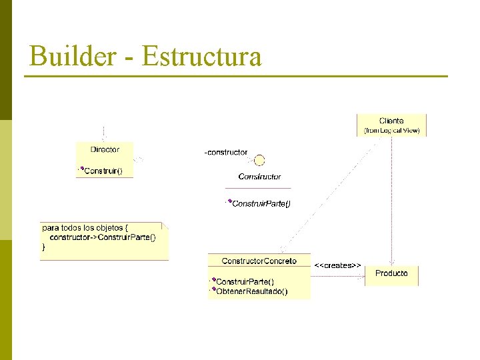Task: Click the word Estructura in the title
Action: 201,56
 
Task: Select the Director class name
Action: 105,149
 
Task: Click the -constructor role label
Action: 225,153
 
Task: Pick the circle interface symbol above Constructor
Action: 259,160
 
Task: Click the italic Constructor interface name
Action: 259,177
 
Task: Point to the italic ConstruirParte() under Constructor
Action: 261,203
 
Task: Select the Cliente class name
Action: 391,121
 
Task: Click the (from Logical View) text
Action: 391,131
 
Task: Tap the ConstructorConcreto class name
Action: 259,261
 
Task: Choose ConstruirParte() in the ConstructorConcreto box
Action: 245,281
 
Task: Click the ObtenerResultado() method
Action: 251,291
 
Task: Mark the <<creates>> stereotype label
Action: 337,265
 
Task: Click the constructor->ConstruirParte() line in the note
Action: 103,237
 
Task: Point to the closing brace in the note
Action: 45,247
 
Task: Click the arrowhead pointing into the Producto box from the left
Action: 363,275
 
